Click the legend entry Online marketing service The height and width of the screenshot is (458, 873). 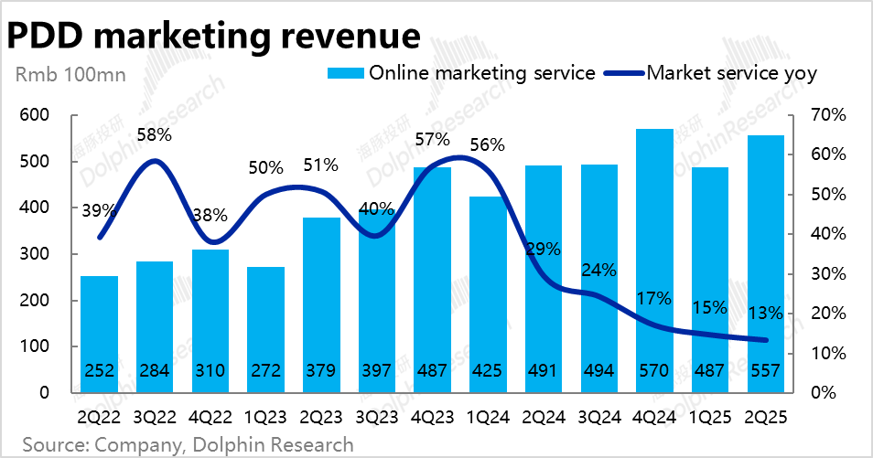pyautogui.click(x=481, y=73)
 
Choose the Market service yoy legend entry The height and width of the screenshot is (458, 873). pyautogui.click(x=730, y=73)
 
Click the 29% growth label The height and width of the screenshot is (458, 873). pyautogui.click(x=544, y=249)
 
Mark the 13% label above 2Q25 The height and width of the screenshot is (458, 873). pyautogui.click(x=765, y=313)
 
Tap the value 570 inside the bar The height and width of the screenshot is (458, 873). pyautogui.click(x=654, y=371)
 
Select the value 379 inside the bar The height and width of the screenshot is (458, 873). pyautogui.click(x=321, y=371)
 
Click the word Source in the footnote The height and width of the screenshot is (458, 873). pyautogui.click(x=51, y=445)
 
